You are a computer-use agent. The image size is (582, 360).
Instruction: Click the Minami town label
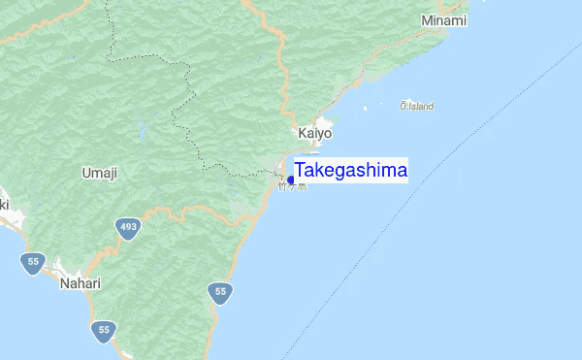coord(444,20)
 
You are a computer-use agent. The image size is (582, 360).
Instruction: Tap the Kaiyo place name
coord(314,133)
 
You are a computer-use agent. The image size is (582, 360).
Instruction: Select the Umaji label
coord(100,173)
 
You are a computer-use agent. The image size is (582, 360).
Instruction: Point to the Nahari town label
coord(80,283)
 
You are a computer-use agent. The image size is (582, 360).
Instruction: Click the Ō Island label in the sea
coord(416,106)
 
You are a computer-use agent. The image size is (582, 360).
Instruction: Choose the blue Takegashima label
coord(351,171)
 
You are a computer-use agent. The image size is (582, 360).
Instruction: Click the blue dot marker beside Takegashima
coord(291,180)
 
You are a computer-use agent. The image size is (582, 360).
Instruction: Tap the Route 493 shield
coord(128,228)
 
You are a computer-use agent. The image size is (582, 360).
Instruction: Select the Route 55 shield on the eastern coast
coord(221,291)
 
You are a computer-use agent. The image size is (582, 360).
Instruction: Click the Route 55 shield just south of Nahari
coord(103,331)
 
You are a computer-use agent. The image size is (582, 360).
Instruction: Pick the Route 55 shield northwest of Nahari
coord(33,262)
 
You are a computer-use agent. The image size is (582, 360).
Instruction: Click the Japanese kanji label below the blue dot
coord(292,187)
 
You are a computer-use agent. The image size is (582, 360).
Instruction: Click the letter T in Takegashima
coord(301,171)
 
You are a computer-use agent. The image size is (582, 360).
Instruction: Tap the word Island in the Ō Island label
coord(421,106)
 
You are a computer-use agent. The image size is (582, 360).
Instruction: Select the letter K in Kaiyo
coord(302,133)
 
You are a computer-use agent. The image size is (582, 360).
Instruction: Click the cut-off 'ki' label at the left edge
coord(3,205)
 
